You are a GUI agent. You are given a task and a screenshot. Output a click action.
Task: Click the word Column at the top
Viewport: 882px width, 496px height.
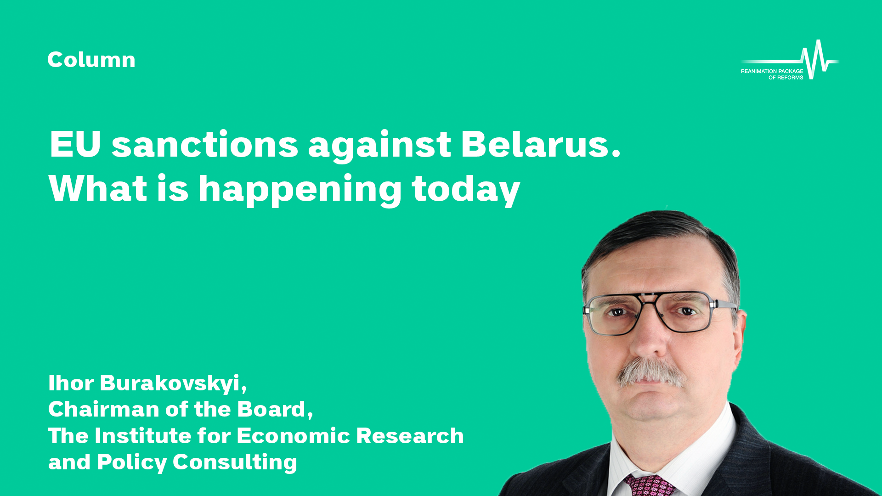coord(91,60)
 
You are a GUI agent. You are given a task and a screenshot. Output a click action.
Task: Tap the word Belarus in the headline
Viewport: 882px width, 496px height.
coord(541,144)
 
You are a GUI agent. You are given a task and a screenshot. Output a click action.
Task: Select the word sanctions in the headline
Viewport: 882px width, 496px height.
coord(205,145)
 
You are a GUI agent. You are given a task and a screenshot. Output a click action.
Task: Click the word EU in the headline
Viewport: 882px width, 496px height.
coord(75,144)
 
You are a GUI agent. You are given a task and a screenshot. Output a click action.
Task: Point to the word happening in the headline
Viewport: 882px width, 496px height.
coord(300,190)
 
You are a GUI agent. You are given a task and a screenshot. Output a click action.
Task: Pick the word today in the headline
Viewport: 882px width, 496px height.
coord(466,190)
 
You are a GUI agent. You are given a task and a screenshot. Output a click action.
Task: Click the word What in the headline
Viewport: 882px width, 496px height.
coord(98,188)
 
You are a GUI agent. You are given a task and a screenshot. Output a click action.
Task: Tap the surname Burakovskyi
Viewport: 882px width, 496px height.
coord(173,383)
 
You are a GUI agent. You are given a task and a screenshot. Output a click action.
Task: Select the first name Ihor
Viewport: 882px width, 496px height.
coord(71,383)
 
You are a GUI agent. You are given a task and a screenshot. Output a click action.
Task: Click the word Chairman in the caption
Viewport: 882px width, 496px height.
coord(103,409)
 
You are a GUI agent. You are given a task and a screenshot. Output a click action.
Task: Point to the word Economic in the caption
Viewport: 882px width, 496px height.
coord(293,436)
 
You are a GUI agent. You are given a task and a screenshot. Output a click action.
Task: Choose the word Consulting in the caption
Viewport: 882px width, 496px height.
coord(235,462)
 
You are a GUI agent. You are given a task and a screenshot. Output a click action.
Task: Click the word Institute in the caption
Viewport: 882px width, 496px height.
coord(143,436)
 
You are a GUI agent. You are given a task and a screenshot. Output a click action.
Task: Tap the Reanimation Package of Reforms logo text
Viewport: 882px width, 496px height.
coord(772,74)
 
